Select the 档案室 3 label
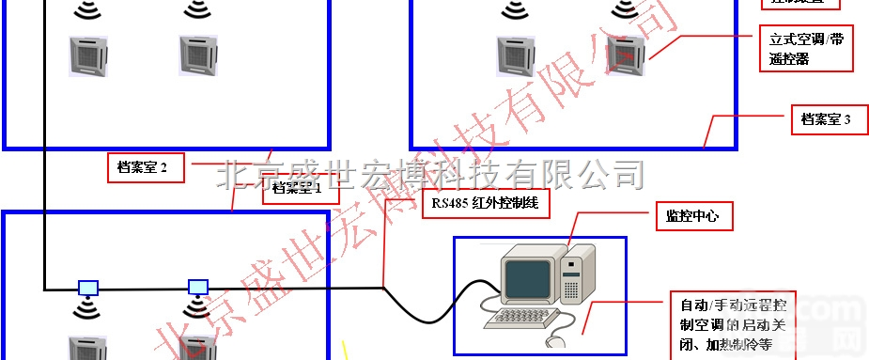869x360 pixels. coord(826,119)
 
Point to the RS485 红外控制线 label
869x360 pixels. coord(484,203)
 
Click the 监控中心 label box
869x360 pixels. coord(692,216)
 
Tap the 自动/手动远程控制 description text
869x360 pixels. coord(738,325)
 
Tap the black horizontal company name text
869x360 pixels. coord(432,174)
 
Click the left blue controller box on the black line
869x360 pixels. coord(87,287)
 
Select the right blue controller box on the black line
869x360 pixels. coord(197,286)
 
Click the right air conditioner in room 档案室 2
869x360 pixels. coord(198,55)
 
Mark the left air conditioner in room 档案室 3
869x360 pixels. coord(514,55)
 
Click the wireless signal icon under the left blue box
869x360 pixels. coord(87,307)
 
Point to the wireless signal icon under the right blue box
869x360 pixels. coord(196,306)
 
